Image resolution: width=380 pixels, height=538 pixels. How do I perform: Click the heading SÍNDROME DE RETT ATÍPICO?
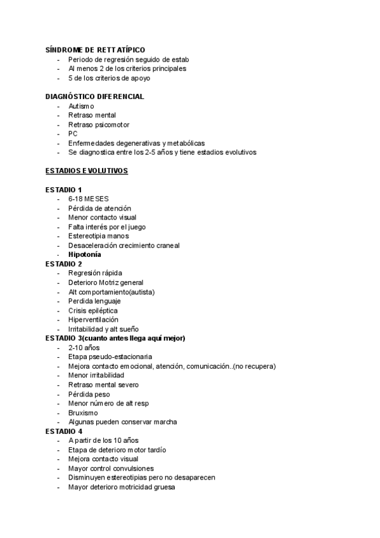(x=95, y=49)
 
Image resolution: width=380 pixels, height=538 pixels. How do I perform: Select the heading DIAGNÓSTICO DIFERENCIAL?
(x=95, y=96)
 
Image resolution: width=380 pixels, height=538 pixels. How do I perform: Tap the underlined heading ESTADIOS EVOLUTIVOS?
(x=87, y=171)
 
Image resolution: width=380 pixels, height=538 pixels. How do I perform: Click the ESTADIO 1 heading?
(x=64, y=190)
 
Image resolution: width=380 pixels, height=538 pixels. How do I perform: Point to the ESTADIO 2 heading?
(x=64, y=263)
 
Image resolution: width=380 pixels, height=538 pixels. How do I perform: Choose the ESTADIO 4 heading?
(x=64, y=431)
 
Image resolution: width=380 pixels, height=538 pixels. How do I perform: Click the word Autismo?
(x=81, y=106)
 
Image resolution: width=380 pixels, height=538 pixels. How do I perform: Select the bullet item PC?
(x=73, y=134)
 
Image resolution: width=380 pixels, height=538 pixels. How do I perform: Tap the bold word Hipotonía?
(x=85, y=254)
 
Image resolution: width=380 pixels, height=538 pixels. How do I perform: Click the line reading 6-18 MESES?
(x=88, y=199)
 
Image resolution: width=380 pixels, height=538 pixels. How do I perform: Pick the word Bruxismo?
(x=84, y=412)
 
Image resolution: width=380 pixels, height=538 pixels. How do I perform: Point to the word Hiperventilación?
(x=93, y=320)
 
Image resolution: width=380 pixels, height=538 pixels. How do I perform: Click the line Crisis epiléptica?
(x=92, y=310)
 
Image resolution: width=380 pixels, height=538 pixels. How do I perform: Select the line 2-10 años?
(x=84, y=348)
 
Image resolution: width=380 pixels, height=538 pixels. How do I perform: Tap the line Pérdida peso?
(x=89, y=394)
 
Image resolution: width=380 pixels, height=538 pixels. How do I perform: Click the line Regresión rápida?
(x=95, y=273)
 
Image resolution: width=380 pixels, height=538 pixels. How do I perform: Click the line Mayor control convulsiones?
(x=111, y=468)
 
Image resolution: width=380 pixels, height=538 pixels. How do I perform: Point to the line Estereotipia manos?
(x=98, y=236)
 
